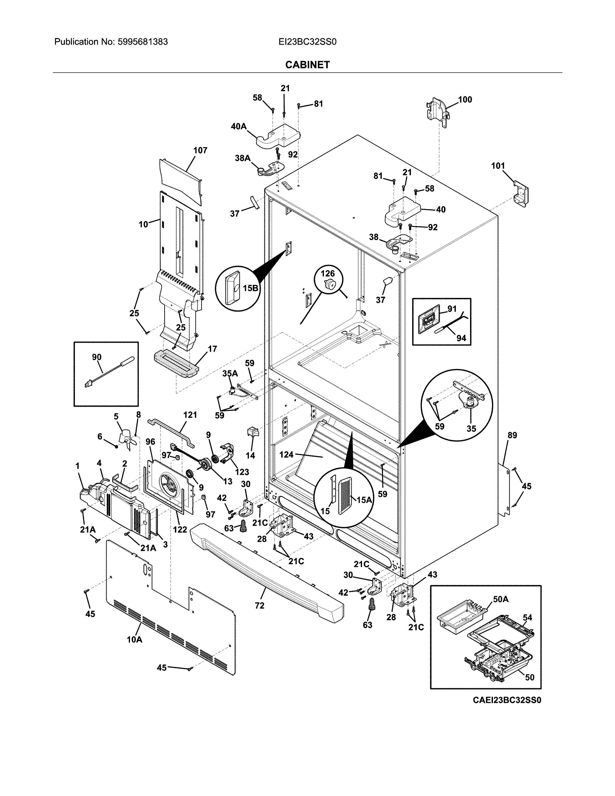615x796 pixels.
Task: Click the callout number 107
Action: click(x=200, y=150)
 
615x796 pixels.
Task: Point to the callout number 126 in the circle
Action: click(x=327, y=273)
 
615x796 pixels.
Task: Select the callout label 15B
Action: click(x=250, y=288)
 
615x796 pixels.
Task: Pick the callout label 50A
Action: click(x=501, y=599)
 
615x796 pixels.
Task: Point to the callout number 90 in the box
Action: click(x=96, y=357)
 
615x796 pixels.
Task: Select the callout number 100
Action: click(x=465, y=99)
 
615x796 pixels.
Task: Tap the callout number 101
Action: click(x=498, y=166)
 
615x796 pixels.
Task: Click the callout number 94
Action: click(x=461, y=338)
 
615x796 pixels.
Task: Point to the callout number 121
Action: click(x=190, y=415)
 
